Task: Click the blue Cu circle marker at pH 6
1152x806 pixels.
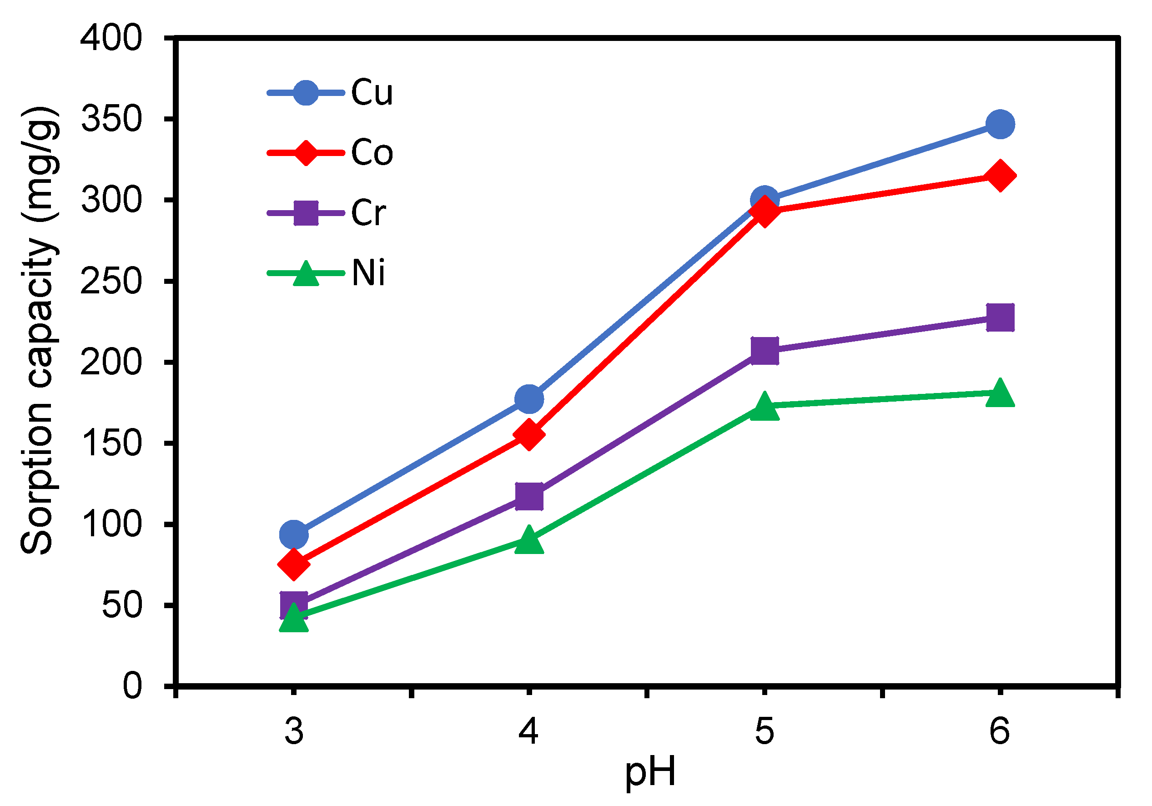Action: (x=1000, y=124)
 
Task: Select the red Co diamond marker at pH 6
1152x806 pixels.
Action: (x=1000, y=176)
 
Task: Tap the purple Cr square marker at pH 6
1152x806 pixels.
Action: (x=1000, y=317)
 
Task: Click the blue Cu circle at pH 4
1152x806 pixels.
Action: (x=529, y=399)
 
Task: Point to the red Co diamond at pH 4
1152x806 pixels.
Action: (x=529, y=434)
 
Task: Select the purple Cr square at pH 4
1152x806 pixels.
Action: (x=529, y=496)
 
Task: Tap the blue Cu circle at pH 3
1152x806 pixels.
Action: (x=293, y=534)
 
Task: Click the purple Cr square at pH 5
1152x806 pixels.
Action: (x=764, y=350)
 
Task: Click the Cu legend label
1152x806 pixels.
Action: (x=371, y=93)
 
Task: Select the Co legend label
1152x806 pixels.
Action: (x=371, y=152)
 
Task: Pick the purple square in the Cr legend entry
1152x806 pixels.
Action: (x=306, y=213)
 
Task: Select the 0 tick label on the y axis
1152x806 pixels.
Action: (x=132, y=686)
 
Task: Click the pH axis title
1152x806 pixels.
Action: (x=650, y=773)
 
